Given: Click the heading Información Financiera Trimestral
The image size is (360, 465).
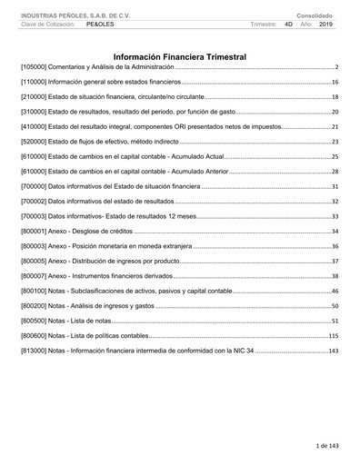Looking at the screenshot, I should (x=179, y=56).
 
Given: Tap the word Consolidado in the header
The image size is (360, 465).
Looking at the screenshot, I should (x=315, y=15).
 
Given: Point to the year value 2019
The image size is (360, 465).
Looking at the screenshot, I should (x=326, y=25).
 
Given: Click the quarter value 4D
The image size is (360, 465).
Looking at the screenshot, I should (x=288, y=25).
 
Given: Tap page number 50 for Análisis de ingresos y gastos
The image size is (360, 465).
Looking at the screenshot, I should (x=334, y=306).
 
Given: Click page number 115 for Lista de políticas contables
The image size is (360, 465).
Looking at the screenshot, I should (x=332, y=336).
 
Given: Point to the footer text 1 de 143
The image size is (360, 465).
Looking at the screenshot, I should (x=326, y=446).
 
